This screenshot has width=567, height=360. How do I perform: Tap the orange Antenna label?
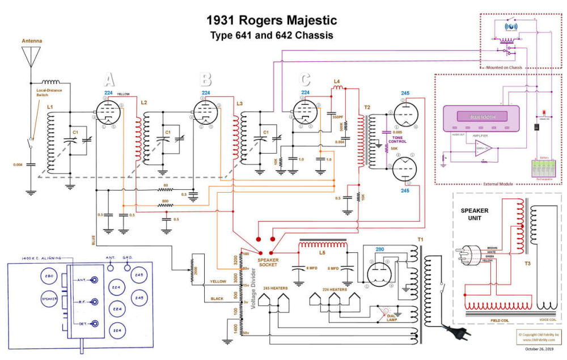coord(32,41)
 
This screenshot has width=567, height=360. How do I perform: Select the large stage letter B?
coord(205,79)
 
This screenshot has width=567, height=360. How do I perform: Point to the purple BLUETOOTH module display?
coord(481,117)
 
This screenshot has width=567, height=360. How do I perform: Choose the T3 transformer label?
coord(527,264)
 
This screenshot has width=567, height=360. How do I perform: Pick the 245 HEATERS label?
coord(276,288)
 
